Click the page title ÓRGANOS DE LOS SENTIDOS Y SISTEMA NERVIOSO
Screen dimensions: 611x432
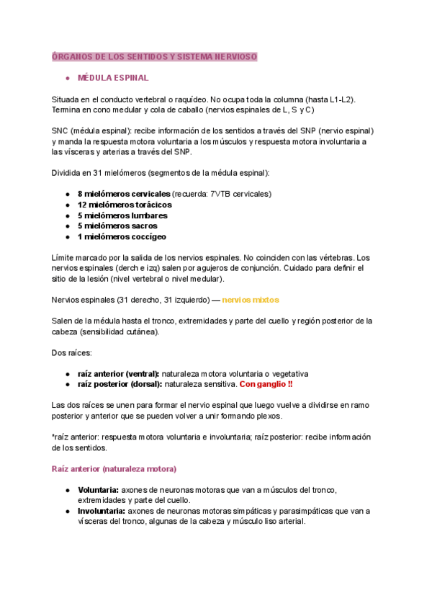(x=154, y=56)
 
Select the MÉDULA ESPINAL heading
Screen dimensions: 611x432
(x=113, y=77)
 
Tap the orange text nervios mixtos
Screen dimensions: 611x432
(x=251, y=300)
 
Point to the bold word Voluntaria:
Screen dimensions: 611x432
(x=97, y=490)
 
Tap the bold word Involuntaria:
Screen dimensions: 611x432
(x=100, y=511)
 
